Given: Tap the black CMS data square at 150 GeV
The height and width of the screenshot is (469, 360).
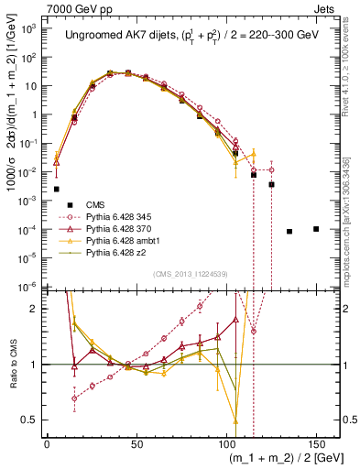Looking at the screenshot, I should tap(316, 229).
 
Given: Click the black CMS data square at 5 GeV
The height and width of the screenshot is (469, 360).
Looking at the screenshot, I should tap(57, 189).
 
